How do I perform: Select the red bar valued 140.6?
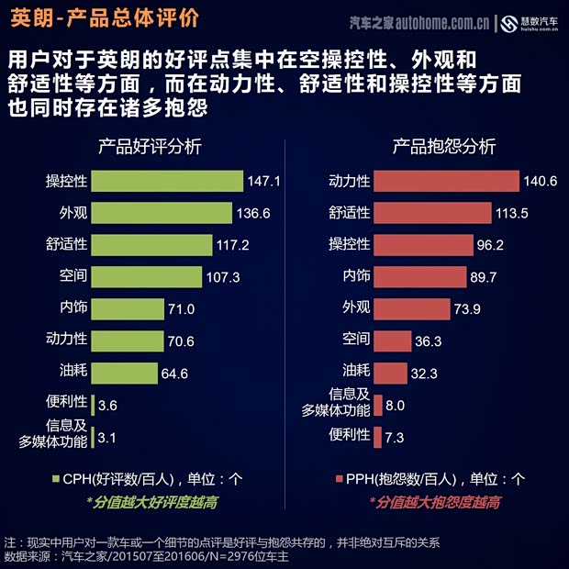[447, 181]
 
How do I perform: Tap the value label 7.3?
[395, 438]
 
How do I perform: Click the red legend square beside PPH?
[338, 479]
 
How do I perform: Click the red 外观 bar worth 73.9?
[412, 308]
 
